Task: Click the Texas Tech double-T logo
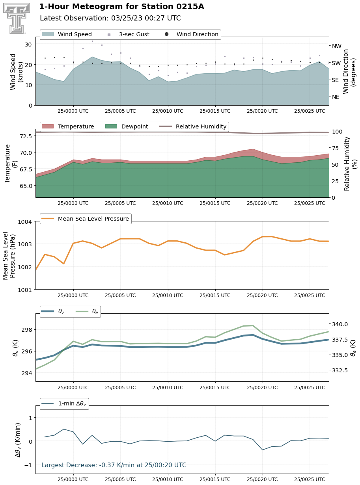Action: tap(17, 18)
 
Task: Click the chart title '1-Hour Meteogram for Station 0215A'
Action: tap(121, 7)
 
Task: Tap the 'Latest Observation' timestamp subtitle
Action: tap(110, 18)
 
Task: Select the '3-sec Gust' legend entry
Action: tap(129, 34)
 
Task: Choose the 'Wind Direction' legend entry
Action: tap(192, 34)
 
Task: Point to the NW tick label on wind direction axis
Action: tap(336, 46)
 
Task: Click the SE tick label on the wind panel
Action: tap(335, 80)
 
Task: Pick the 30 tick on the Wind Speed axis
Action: tap(28, 45)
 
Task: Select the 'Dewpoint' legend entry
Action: tap(127, 126)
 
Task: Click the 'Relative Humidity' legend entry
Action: tap(193, 126)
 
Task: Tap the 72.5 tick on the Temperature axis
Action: tap(26, 136)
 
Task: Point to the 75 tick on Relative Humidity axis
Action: tap(335, 148)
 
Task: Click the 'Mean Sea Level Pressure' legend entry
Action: tap(85, 219)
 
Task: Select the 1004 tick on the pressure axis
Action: tap(25, 222)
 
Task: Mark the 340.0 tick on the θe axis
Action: tap(339, 324)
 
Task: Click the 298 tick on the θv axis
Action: tap(27, 329)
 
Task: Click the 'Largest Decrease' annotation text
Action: tap(114, 465)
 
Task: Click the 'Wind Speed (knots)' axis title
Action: tap(17, 71)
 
